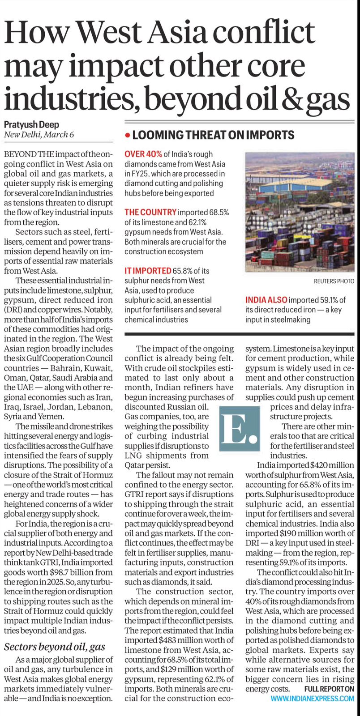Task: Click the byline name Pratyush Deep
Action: click(x=31, y=124)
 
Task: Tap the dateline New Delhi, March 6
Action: click(x=39, y=134)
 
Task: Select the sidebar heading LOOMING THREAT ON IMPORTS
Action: click(x=213, y=135)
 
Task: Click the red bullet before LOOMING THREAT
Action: click(x=128, y=135)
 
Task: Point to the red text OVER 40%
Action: click(x=143, y=154)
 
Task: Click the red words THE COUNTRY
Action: click(x=150, y=212)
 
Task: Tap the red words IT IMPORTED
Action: click(x=148, y=271)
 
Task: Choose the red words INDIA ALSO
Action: click(x=266, y=300)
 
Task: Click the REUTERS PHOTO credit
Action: click(x=334, y=281)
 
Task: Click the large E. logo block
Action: click(x=240, y=428)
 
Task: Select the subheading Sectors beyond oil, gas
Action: click(x=55, y=647)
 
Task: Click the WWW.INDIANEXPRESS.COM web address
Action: click(x=312, y=698)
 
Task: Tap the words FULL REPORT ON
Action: click(x=329, y=689)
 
